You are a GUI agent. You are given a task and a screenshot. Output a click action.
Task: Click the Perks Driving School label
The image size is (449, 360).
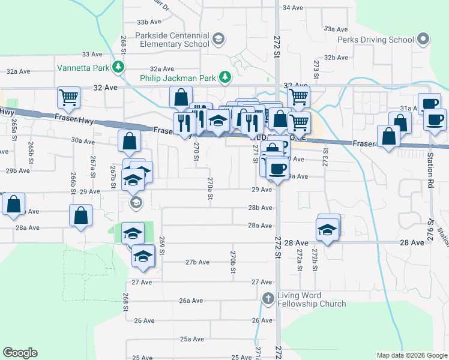(x=375, y=40)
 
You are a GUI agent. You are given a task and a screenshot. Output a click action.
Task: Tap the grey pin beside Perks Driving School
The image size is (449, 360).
(x=423, y=40)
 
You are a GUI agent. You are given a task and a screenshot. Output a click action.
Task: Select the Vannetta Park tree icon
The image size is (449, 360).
(x=120, y=67)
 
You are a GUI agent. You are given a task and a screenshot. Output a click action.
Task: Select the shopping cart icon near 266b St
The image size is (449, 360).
(x=69, y=97)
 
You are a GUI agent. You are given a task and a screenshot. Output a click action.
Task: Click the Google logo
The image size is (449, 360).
(x=20, y=353)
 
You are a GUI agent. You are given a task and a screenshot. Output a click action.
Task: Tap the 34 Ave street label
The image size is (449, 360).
(x=292, y=8)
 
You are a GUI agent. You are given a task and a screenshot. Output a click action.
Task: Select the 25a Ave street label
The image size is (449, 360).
(x=193, y=339)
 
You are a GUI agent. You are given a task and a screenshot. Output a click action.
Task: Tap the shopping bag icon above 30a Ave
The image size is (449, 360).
(x=130, y=142)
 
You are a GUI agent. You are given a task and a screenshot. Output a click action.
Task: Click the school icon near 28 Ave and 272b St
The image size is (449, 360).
(x=327, y=230)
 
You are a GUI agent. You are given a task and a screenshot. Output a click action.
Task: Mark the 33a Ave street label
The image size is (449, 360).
(x=336, y=29)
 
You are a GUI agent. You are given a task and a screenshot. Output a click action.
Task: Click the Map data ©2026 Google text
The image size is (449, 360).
(x=411, y=355)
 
